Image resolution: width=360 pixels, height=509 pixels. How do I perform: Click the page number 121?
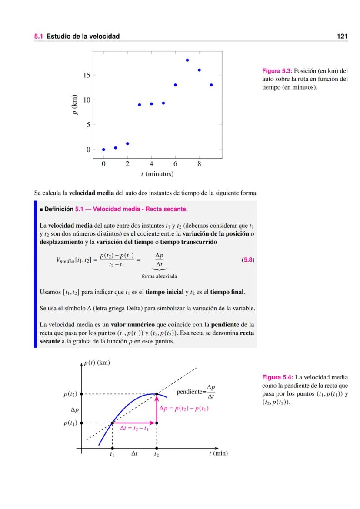342,37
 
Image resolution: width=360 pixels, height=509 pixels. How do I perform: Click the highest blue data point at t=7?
187,60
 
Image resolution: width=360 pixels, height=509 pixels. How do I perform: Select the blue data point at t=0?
103,150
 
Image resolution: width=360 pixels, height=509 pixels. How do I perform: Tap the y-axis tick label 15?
87,75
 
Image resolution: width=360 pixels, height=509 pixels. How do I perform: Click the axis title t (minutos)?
157,174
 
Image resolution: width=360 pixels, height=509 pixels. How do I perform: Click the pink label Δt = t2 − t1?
134,428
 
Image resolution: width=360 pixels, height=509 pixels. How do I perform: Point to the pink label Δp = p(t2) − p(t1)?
184,409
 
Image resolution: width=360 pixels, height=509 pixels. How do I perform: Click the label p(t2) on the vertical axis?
70,394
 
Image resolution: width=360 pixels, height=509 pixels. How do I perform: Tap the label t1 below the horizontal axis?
112,455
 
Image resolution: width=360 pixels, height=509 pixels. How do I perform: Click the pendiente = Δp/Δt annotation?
196,393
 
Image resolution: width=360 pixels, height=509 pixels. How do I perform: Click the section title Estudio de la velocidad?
83,37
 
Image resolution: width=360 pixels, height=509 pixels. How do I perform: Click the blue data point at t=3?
139,105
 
